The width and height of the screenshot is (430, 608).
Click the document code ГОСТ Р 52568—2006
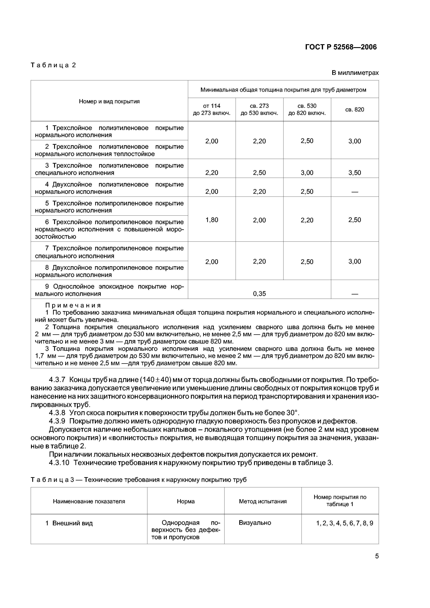coord(341,47)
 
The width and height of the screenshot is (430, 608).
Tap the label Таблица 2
coord(53,65)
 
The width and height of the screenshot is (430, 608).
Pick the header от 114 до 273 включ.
coord(212,109)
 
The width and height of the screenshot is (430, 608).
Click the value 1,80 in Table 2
coord(212,220)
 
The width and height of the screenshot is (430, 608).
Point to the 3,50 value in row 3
coord(355,173)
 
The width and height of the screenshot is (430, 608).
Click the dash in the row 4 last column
coord(355,192)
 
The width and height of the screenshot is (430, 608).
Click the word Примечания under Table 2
coord(73,305)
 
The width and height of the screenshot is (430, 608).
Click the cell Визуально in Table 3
coord(255,523)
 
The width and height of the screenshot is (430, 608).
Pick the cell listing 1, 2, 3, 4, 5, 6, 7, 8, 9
coord(344,523)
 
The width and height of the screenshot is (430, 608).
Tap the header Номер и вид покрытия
coord(109,101)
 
